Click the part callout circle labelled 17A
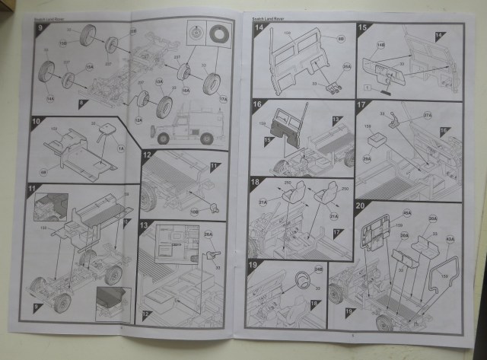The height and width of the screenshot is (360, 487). [224, 98]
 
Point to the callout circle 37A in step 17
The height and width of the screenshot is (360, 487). [427, 116]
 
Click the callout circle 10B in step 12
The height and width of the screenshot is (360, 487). [194, 211]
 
